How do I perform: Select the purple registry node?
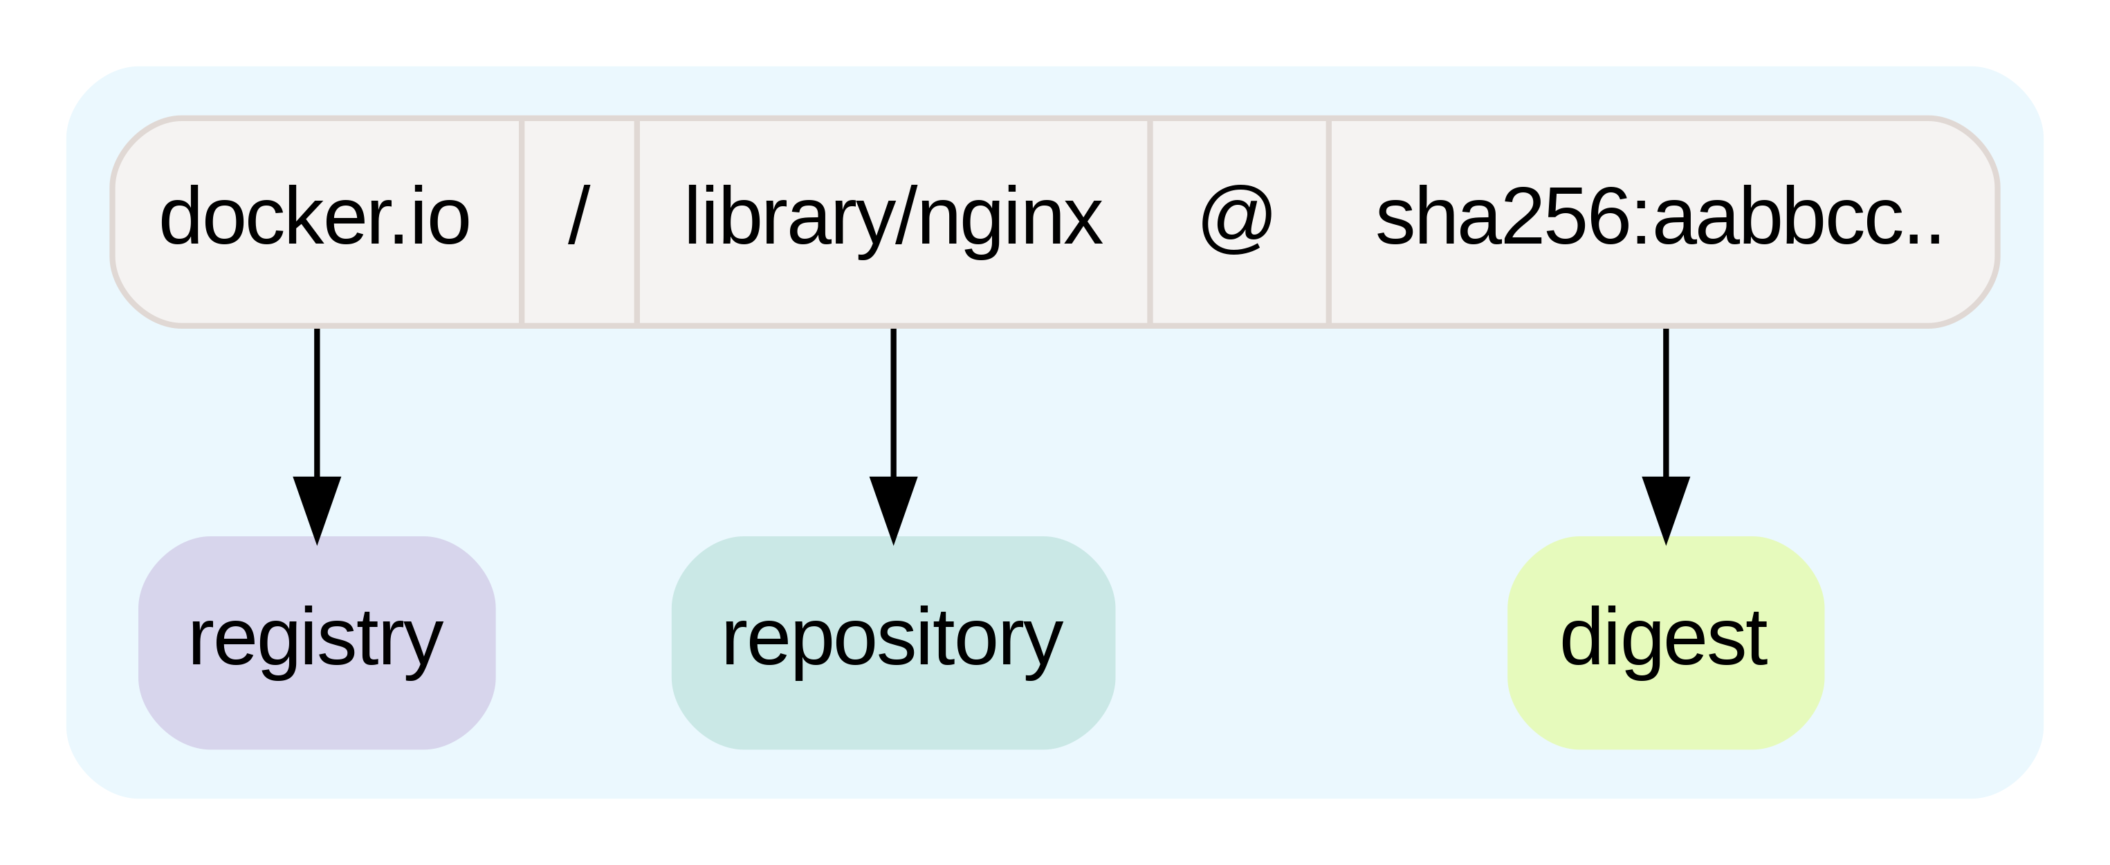tap(317, 643)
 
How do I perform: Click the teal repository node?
tap(893, 643)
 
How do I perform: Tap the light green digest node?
tap(1665, 643)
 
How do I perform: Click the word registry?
tap(315, 639)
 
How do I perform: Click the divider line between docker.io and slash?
tap(521, 221)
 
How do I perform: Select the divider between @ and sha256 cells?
tap(1328, 221)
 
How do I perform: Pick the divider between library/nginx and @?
tap(1150, 221)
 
